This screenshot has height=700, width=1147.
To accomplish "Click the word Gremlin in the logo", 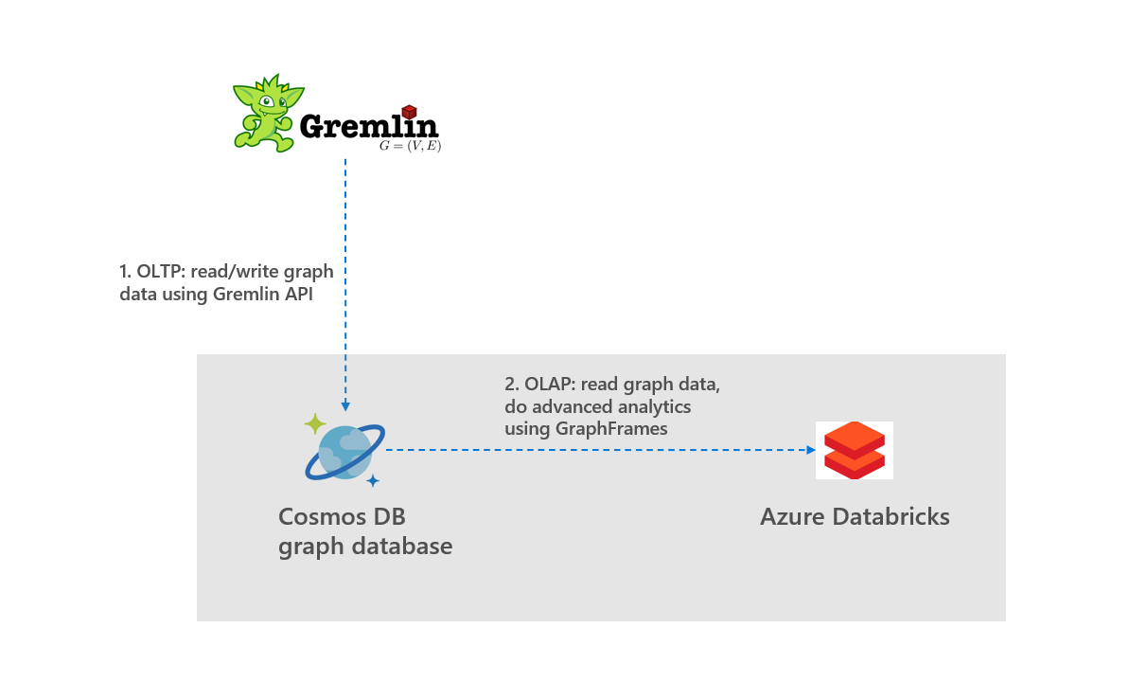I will click(x=368, y=126).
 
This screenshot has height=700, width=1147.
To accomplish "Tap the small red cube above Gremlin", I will click(x=409, y=112).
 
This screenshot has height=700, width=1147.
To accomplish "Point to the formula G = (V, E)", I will click(x=410, y=146).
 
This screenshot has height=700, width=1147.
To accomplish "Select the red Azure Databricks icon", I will click(x=854, y=450).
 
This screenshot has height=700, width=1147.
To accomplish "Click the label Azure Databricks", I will click(x=855, y=516).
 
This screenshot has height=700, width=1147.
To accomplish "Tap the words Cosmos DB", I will click(x=342, y=516).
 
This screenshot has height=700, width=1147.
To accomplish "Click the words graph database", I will click(x=364, y=546).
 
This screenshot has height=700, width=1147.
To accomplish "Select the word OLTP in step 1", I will click(x=157, y=272).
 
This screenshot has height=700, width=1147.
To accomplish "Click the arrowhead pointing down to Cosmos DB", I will click(x=345, y=405).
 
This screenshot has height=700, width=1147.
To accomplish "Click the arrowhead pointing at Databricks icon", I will click(x=811, y=450).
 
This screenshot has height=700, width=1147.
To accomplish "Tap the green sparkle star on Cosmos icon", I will click(x=315, y=424).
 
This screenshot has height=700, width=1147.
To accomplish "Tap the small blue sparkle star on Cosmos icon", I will click(x=373, y=480).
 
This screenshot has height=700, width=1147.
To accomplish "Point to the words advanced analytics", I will click(x=610, y=406).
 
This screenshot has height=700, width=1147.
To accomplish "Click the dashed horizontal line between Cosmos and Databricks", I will click(x=596, y=450).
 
